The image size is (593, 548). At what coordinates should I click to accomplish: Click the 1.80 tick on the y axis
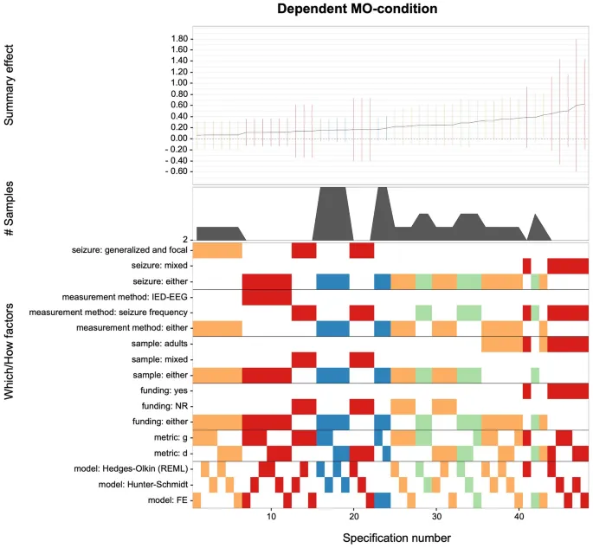click(x=177, y=40)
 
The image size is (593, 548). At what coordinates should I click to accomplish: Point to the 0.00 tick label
click(x=177, y=139)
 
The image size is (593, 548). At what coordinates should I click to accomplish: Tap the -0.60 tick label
click(x=176, y=171)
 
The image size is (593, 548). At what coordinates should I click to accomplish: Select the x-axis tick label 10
click(x=272, y=517)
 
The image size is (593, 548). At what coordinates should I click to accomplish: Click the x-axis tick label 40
click(x=519, y=517)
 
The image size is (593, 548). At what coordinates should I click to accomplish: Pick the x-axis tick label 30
click(x=437, y=517)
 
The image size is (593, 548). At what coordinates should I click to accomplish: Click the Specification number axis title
click(x=396, y=538)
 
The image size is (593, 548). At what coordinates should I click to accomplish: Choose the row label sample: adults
click(x=152, y=344)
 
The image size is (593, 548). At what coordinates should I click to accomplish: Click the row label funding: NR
click(x=158, y=406)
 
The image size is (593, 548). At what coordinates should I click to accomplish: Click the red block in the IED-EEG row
click(x=267, y=296)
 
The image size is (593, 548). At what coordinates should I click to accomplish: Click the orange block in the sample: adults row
click(x=501, y=344)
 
